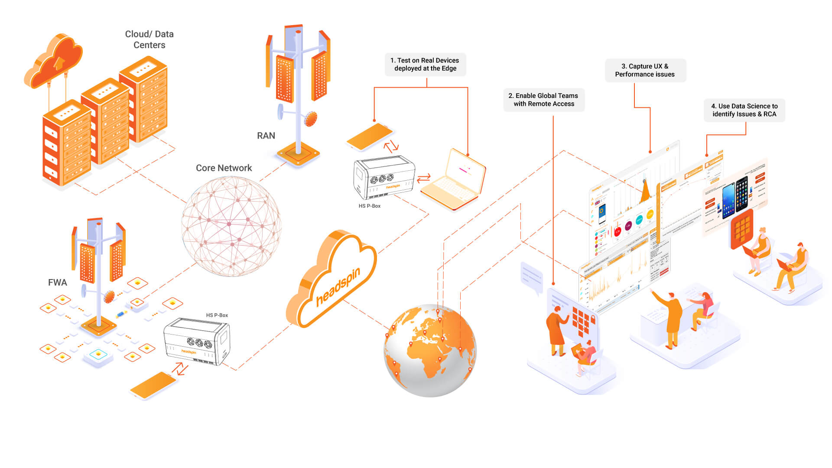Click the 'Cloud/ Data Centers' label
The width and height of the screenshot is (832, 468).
(149, 39)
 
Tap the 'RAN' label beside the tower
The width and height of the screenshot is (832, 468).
(266, 136)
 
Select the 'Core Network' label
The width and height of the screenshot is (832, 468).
(224, 168)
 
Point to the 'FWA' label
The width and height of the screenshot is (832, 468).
(57, 283)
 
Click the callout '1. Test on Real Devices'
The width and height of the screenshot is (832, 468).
(425, 65)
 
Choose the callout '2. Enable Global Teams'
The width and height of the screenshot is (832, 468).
(544, 100)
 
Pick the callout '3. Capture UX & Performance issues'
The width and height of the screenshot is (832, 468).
(645, 70)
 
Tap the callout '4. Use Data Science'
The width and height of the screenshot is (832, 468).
(744, 110)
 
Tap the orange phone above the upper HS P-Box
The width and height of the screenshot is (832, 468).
(370, 136)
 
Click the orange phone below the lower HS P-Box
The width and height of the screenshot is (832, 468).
(153, 385)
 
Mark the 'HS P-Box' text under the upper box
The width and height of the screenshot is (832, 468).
(369, 206)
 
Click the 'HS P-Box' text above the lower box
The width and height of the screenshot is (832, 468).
(217, 315)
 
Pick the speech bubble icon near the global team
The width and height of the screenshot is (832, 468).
(532, 277)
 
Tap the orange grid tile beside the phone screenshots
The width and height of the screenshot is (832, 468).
(741, 229)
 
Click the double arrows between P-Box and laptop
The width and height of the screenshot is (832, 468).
(423, 178)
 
